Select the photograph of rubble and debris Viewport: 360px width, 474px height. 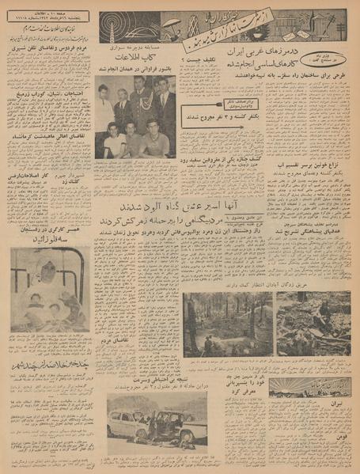313,323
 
